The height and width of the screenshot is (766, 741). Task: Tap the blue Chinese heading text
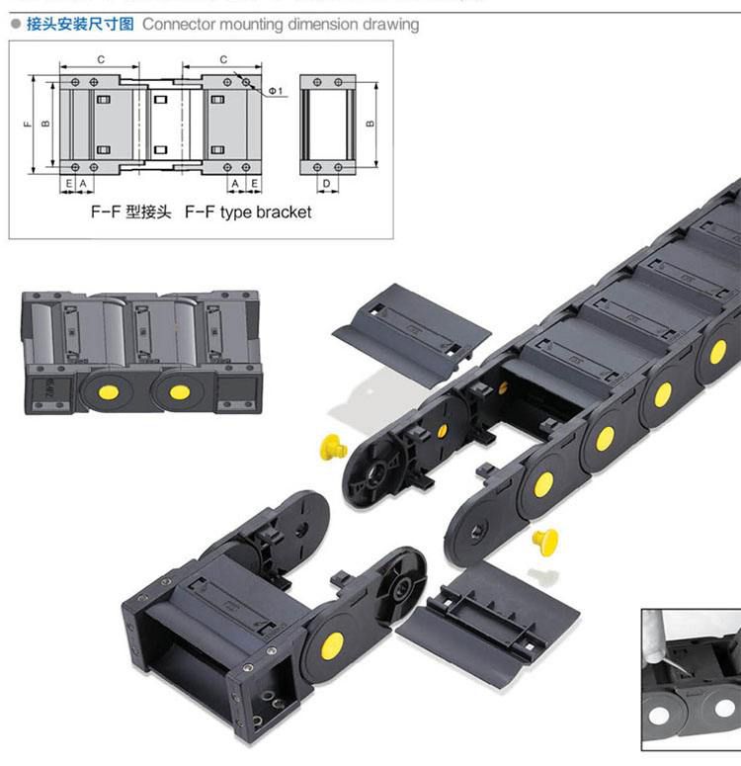(x=80, y=24)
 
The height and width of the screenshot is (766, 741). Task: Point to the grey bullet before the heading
(x=16, y=24)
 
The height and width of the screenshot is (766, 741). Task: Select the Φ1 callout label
(x=276, y=91)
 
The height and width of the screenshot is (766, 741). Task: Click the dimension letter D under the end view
(x=327, y=183)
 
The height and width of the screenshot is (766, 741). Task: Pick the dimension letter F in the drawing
(x=28, y=124)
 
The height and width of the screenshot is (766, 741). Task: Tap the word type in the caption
(x=235, y=213)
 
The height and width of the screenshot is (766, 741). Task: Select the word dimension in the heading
(x=323, y=25)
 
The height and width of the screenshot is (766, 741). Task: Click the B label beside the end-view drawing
(x=370, y=124)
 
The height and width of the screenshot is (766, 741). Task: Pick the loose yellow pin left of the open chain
(x=333, y=447)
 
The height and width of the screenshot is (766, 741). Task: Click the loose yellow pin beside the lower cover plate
(x=545, y=542)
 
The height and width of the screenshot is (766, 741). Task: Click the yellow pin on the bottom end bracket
(x=332, y=644)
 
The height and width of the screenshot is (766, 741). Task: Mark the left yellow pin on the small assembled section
(x=109, y=391)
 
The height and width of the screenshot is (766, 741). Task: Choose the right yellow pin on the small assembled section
(x=179, y=391)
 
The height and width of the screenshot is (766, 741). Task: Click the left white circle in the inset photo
(x=659, y=716)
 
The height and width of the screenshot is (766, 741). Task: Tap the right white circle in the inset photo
(x=724, y=708)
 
